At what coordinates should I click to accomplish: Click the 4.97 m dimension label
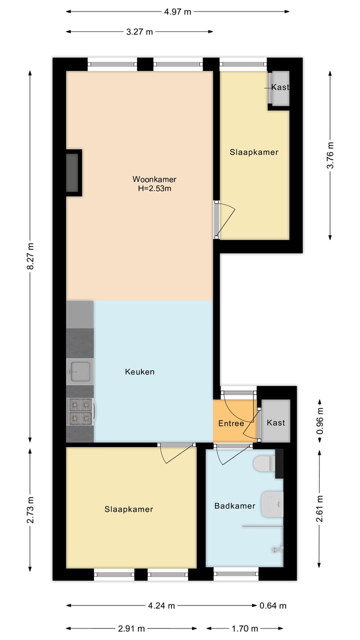click(177, 11)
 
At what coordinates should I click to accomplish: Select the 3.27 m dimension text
click(139, 32)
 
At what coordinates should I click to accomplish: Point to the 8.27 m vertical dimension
click(30, 256)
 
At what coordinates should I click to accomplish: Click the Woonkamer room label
click(154, 179)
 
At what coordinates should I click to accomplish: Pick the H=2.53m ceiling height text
click(154, 188)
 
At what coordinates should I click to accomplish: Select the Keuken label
click(139, 371)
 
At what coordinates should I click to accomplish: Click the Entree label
click(231, 423)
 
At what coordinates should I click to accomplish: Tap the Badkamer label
click(234, 505)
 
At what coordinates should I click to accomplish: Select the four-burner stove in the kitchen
click(80, 410)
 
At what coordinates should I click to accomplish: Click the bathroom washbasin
click(272, 504)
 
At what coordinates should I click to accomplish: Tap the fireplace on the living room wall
click(73, 172)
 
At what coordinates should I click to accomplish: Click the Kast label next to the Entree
click(275, 422)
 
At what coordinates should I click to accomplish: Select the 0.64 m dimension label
click(273, 606)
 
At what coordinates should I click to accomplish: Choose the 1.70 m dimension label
click(244, 628)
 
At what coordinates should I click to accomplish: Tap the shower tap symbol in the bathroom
click(278, 549)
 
